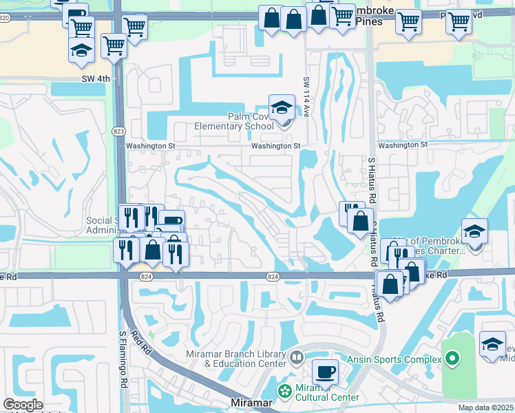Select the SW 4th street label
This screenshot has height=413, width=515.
click(x=96, y=79)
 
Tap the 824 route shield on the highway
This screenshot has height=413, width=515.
click(x=273, y=276)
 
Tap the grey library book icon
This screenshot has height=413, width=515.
click(x=297, y=357)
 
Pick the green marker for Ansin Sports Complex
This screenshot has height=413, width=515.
click(x=452, y=359)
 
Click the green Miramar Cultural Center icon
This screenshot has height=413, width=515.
click(x=284, y=391)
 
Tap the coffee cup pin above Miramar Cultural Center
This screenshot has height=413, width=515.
click(x=325, y=372)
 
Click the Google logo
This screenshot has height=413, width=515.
click(x=23, y=405)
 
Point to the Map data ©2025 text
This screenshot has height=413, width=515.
click(x=486, y=407)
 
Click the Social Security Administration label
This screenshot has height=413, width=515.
click(x=103, y=225)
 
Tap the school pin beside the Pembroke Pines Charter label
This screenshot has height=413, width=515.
click(x=475, y=232)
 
